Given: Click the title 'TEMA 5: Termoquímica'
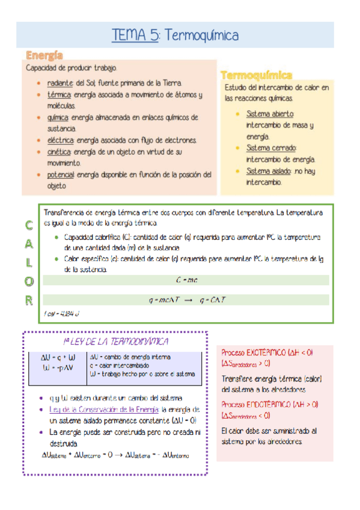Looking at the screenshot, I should point(175,35).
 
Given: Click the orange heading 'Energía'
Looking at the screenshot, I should point(44,56).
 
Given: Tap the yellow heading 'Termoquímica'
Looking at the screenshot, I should point(257,75).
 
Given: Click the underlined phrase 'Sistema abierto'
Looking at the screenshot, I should point(270,114).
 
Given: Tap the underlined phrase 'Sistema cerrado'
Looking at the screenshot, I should point(271,147).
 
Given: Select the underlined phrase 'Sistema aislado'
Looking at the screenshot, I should point(269,171).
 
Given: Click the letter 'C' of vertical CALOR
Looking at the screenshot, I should point(29,227).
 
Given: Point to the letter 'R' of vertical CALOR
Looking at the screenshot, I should point(29,300).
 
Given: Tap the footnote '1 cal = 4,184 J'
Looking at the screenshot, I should point(61,314).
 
